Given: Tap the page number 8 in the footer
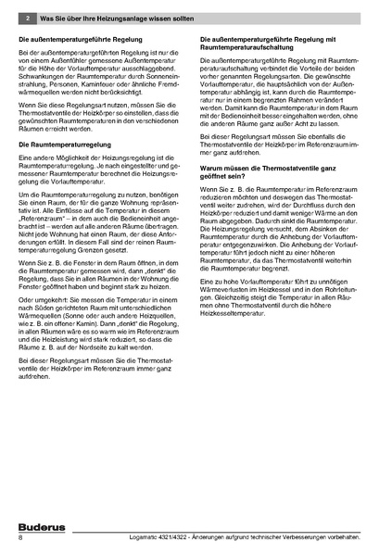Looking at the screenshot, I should (x=20, y=538).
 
